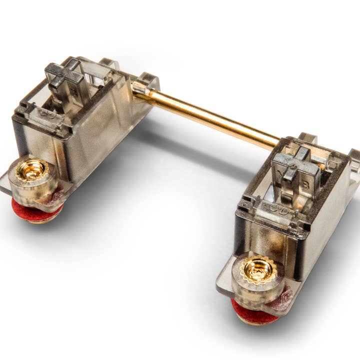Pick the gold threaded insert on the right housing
pyautogui.click(x=257, y=270)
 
